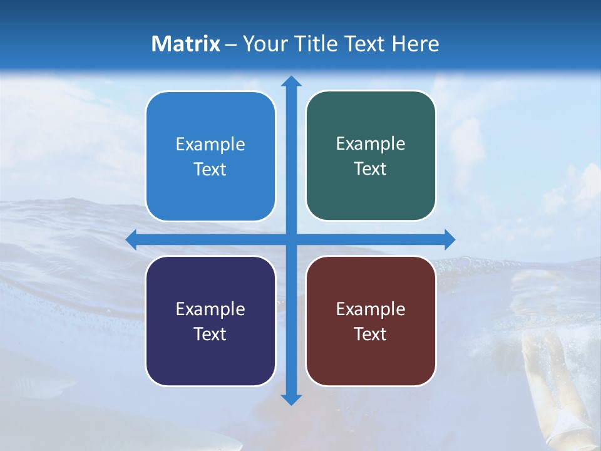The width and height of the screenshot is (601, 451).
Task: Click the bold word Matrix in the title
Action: (x=186, y=44)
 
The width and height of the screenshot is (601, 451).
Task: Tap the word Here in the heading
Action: (x=415, y=44)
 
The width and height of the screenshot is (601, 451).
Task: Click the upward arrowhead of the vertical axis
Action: (x=291, y=81)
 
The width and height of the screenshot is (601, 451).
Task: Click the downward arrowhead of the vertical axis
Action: (x=291, y=399)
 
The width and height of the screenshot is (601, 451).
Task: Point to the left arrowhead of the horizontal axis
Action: (x=131, y=239)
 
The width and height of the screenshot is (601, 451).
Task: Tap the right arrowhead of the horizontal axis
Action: (x=449, y=239)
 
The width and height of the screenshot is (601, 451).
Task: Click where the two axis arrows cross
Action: (x=291, y=239)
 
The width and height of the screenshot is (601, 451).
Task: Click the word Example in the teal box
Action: (x=371, y=143)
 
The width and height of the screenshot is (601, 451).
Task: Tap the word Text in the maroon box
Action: (x=371, y=334)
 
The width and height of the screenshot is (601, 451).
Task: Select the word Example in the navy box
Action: (x=210, y=309)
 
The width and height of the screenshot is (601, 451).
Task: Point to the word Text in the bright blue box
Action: (x=210, y=169)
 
